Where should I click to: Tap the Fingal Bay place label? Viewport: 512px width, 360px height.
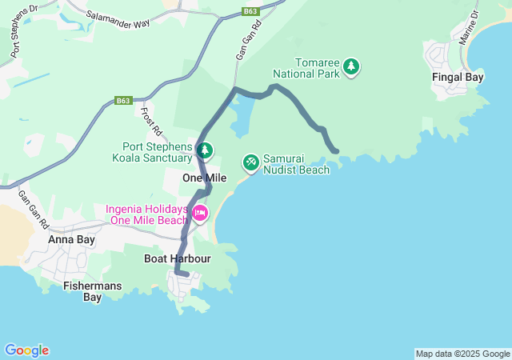click(458, 78)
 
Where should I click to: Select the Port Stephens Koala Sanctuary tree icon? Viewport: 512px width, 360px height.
click(206, 150)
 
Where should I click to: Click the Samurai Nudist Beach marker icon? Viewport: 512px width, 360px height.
click(250, 162)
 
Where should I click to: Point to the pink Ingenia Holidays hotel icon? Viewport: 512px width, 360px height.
click(199, 213)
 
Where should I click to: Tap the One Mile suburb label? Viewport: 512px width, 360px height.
click(200, 178)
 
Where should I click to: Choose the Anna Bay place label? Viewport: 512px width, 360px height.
click(71, 239)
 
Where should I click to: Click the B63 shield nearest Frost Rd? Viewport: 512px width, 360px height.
click(122, 101)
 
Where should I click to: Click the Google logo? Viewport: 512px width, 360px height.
click(26, 350)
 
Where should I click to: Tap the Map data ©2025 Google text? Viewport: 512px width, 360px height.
click(462, 354)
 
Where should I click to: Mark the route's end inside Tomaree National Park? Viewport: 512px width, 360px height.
click(336, 150)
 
